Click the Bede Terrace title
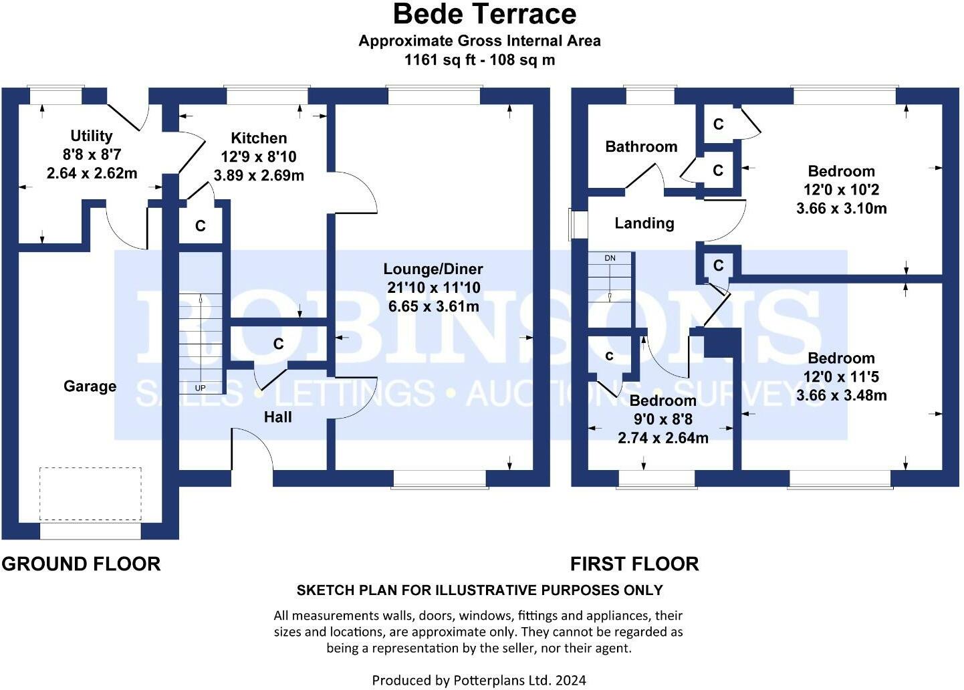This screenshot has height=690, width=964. [x=485, y=14]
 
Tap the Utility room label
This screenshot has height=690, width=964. [x=91, y=136]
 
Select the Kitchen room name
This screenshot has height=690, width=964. [x=259, y=138]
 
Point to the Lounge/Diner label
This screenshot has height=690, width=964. [x=433, y=269]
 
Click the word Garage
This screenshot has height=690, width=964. [x=90, y=386]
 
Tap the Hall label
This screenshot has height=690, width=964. [x=277, y=417]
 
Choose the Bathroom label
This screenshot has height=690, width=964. [x=641, y=147]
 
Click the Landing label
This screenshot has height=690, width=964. [x=644, y=223]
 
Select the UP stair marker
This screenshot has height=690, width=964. [x=200, y=388]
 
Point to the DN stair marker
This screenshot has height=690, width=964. [x=610, y=258]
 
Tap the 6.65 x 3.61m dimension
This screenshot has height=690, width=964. [x=433, y=306]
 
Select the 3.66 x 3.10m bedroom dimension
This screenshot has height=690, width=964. [x=842, y=209]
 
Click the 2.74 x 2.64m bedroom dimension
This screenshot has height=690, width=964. [x=662, y=438]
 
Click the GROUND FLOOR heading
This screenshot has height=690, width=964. [x=81, y=564]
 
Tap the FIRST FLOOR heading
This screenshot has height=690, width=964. [x=634, y=564]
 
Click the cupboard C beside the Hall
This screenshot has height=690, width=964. [x=279, y=344]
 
